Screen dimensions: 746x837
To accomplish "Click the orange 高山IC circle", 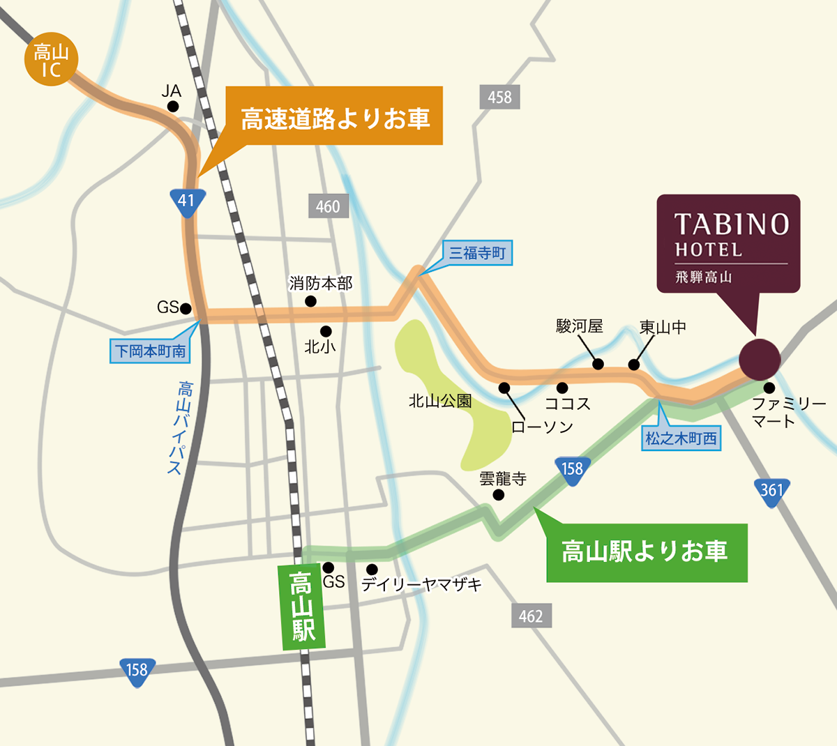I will (51, 61).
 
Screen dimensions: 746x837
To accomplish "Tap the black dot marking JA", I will (172, 107).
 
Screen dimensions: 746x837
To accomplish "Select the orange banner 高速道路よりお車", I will (335, 116).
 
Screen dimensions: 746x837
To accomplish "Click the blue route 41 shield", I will (186, 201).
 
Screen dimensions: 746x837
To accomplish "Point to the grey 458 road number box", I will (499, 97).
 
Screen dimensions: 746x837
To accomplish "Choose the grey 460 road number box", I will (328, 206).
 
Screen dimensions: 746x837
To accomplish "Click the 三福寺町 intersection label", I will (477, 253).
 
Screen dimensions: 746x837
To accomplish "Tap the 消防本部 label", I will (321, 283).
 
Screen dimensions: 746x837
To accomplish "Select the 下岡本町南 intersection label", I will (151, 351).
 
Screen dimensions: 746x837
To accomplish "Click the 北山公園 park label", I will (440, 401).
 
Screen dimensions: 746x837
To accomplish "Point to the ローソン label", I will (542, 427).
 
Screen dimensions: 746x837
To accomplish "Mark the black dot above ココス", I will (562, 388).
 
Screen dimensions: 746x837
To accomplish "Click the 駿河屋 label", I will (579, 326).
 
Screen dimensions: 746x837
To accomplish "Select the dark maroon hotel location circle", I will (760, 359).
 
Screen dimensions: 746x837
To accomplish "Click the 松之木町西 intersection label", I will (681, 439).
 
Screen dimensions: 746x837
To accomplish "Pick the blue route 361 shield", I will (771, 491).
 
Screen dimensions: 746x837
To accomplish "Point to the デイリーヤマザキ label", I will (421, 585).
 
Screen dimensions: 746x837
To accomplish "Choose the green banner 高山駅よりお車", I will (646, 552).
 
